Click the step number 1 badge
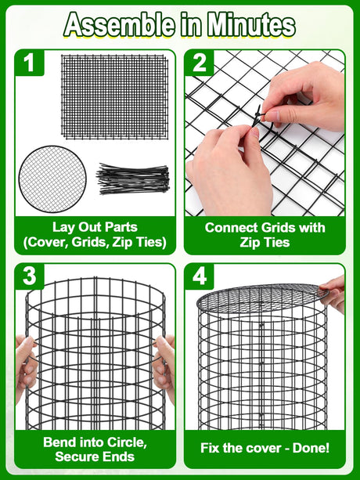(30, 63)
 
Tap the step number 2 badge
(200, 63)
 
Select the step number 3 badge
(30, 276)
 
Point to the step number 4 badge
(200, 276)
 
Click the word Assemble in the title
(119, 24)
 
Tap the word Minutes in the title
(251, 24)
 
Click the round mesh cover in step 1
(52, 179)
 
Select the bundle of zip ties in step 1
(133, 179)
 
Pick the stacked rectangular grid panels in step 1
(115, 97)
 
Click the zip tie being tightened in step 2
(257, 119)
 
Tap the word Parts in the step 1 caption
(122, 227)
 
